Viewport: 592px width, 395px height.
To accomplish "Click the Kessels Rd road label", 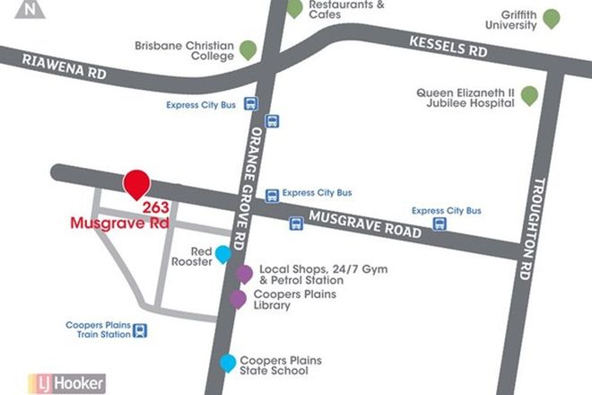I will pos(448,46).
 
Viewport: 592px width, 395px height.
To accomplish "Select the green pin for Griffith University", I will pos(552,17).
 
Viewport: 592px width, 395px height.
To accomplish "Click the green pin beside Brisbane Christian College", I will pos(247,48).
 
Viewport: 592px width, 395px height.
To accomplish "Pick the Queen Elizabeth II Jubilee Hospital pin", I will pos(530,93).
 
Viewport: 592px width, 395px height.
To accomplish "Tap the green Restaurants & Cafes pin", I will pos(294,8).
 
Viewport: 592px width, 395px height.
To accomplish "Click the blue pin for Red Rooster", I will pos(222,254).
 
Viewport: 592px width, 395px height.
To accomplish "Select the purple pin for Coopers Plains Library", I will pos(238,299).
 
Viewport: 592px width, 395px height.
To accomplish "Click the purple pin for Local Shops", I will pos(244,274).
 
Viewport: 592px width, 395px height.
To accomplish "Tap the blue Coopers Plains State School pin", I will pos(228,362).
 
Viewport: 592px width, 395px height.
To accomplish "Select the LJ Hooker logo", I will pos(66,383).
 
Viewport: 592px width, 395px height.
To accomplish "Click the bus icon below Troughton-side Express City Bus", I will pos(440,224).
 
